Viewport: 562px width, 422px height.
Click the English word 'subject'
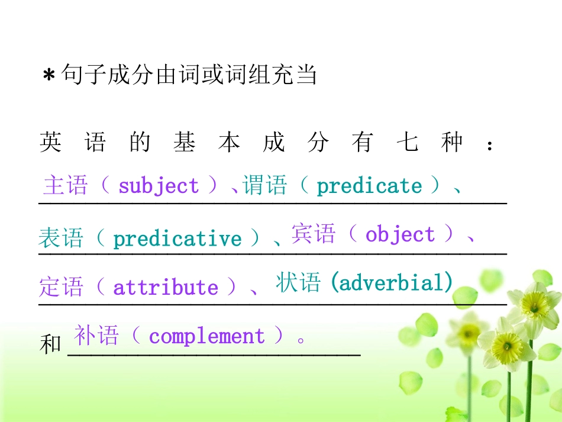[159, 186]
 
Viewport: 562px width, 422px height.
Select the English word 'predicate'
[369, 186]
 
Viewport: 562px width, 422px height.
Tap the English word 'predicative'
[177, 239]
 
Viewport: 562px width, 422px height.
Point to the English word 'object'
[400, 235]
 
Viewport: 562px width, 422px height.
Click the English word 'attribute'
[166, 288]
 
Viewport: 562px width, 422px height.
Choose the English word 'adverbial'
[391, 282]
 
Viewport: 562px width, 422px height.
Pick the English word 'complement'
[206, 336]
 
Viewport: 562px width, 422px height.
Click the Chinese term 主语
[65, 186]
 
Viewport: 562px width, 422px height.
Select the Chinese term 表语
[60, 238]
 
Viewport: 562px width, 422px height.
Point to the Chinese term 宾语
[313, 234]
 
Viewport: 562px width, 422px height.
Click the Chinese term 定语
[60, 287]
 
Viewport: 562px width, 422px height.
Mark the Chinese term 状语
[298, 282]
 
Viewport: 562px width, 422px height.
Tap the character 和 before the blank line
[50, 344]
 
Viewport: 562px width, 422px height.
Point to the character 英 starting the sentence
[51, 143]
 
